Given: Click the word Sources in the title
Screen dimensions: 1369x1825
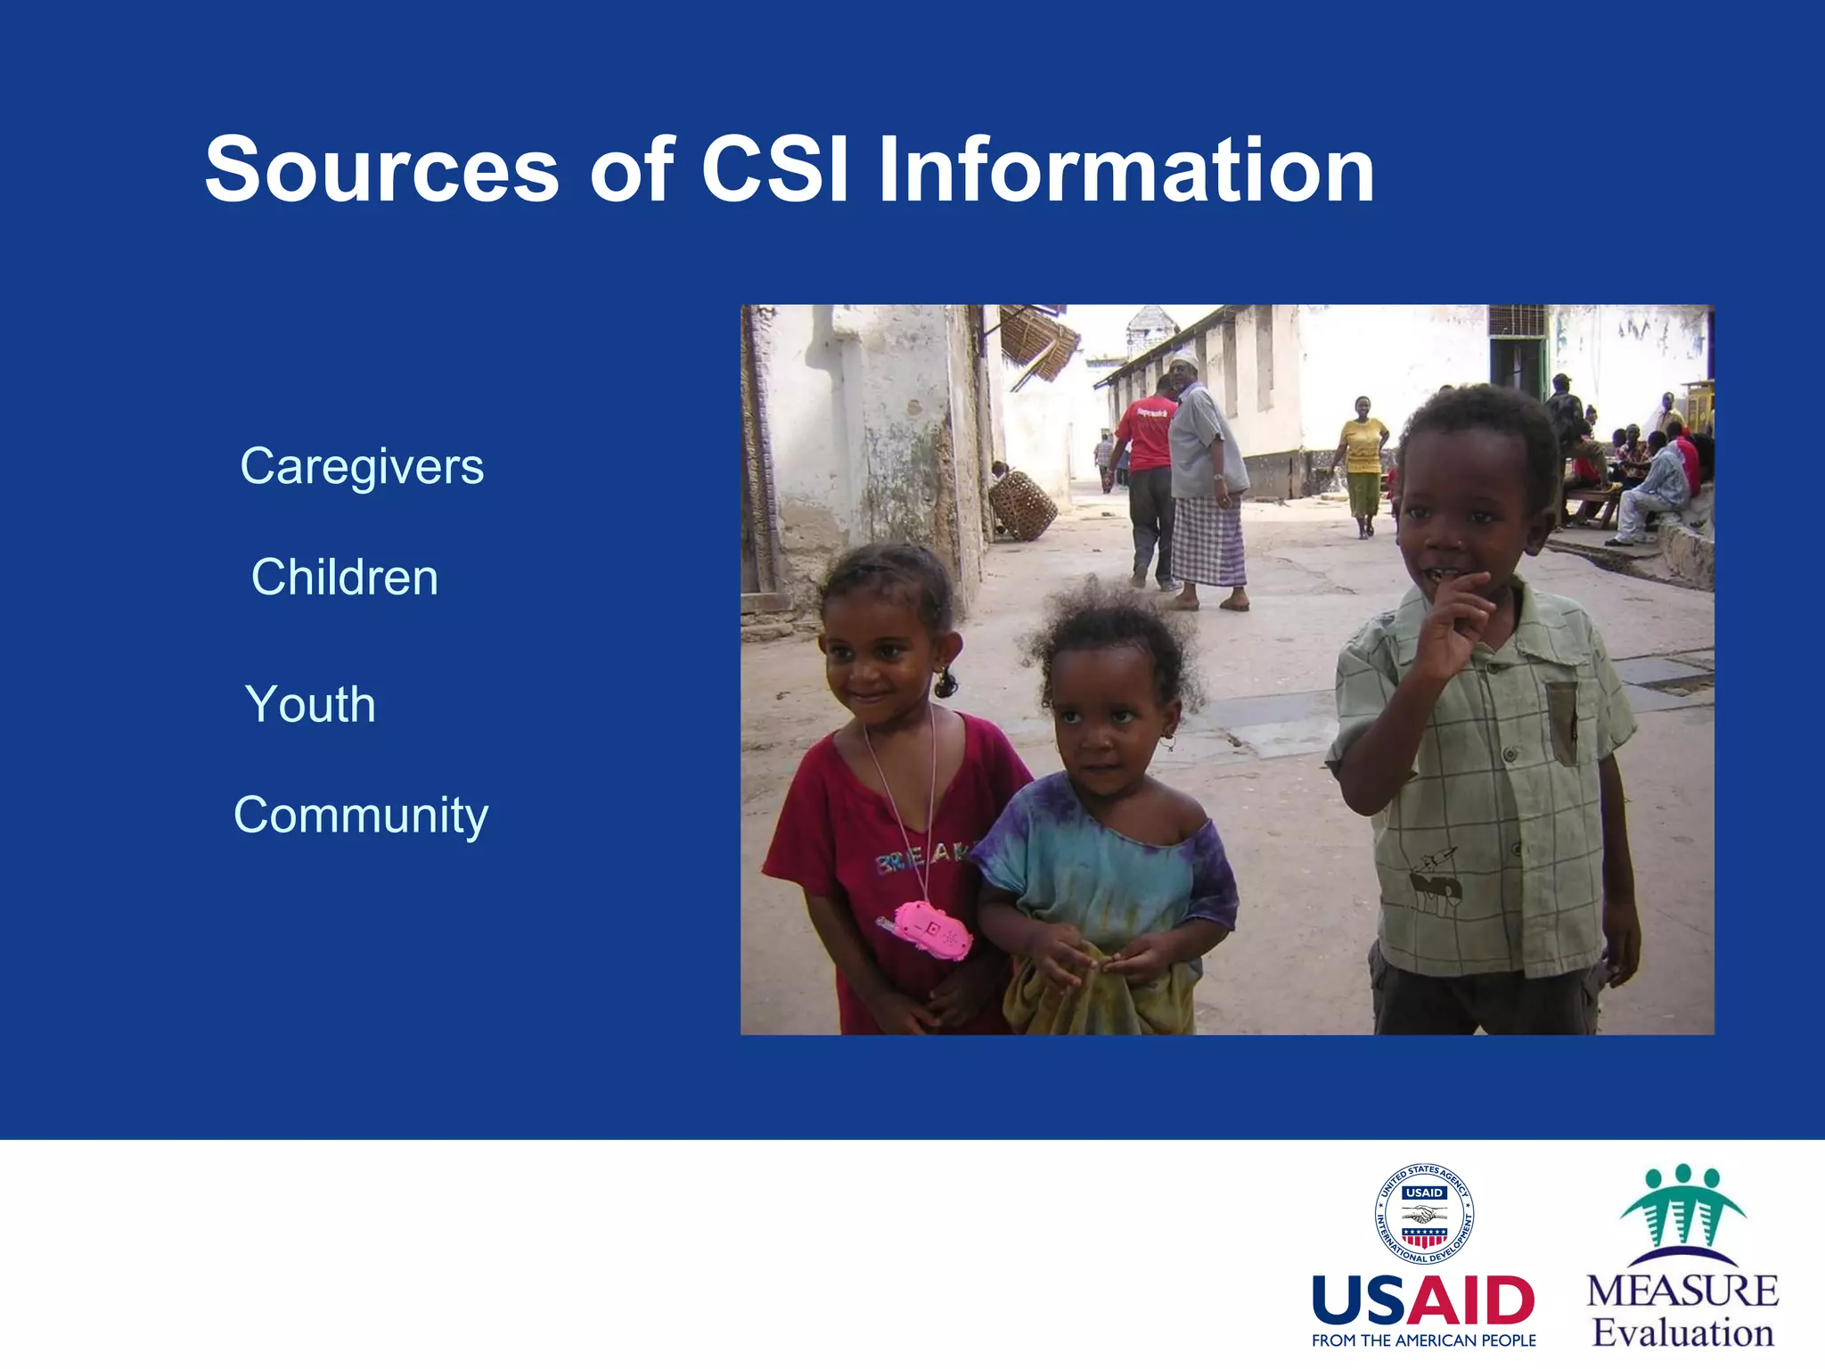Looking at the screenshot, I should point(381,169).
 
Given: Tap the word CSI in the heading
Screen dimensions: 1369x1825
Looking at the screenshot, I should point(773,169).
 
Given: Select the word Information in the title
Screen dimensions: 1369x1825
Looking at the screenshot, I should point(1125,169).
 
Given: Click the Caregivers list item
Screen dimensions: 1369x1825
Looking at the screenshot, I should point(362,466).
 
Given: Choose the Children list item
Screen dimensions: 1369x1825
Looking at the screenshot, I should point(345,577).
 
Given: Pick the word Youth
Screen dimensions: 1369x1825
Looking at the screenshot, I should point(310,704).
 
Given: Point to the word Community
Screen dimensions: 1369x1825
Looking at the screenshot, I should point(361,815).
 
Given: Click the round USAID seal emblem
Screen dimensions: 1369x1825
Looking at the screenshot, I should point(1423,1214).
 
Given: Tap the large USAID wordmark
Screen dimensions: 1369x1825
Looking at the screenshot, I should point(1423,1300).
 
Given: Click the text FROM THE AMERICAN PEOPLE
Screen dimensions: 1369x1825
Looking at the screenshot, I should point(1423,1340).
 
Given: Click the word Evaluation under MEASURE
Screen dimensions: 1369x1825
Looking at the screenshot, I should point(1682,1333).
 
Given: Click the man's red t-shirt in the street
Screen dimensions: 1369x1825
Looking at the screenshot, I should point(1147,433).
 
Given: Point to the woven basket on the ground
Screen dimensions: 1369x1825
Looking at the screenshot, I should point(1023,504).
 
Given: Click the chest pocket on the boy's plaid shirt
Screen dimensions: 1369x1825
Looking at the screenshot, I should point(1560,723).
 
